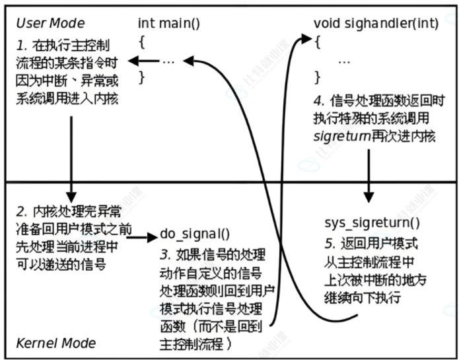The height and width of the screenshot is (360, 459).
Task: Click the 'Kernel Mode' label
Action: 55,343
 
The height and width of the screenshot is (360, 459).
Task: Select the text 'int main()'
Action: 168,23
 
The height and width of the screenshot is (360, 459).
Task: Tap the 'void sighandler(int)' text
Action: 376,23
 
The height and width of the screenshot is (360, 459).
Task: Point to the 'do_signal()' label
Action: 195,234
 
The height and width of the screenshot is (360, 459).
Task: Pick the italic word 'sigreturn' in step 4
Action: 340,136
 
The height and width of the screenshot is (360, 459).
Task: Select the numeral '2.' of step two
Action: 22,212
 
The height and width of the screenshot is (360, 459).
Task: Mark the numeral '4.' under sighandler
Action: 319,102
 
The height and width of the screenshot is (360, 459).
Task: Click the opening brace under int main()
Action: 141,42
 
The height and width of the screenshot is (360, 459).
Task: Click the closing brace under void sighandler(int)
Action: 318,77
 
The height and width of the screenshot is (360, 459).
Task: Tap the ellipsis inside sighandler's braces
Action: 344,60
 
